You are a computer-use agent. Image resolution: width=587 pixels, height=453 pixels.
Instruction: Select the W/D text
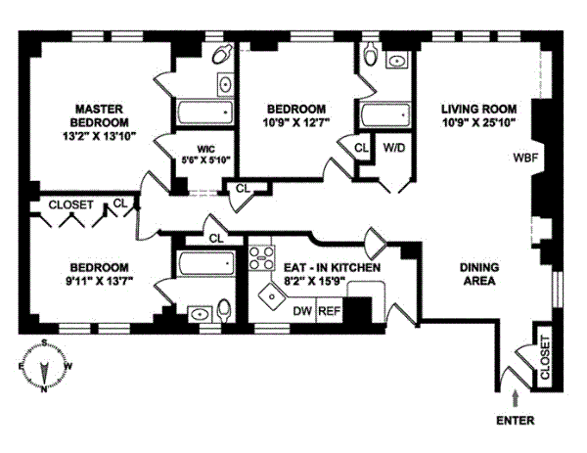395,148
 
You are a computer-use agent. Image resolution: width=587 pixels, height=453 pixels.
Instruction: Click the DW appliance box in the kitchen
302,311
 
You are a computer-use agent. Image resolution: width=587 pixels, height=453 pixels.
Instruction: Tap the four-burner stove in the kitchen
261,258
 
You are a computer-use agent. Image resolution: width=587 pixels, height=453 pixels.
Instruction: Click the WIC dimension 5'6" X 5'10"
203,159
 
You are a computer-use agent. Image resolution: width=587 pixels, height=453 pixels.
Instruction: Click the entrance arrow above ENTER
516,397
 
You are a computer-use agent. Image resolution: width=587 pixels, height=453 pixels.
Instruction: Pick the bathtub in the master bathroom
203,112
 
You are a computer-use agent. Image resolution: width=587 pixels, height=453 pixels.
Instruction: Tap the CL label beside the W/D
360,148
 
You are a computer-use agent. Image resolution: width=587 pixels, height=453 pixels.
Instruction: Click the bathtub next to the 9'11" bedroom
206,264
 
